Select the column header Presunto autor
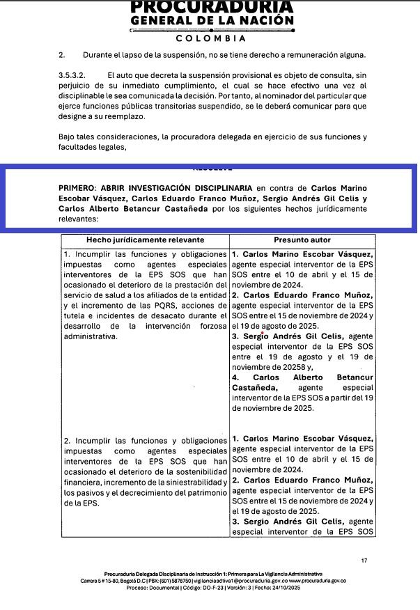click(x=302, y=240)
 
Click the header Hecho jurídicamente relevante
click(x=145, y=240)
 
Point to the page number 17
click(x=364, y=560)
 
